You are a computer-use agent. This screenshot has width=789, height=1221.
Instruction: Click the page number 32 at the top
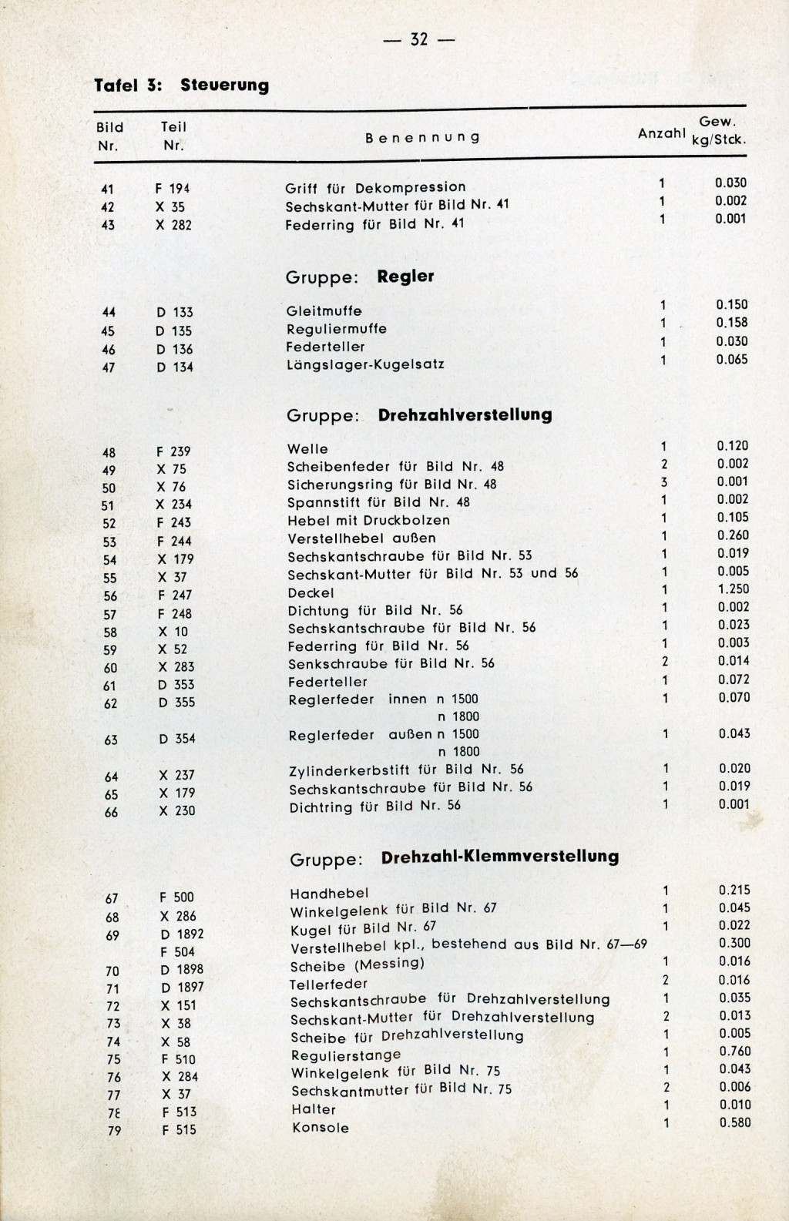pyautogui.click(x=419, y=39)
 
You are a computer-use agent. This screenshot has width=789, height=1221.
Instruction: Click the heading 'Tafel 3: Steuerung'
pyautogui.click(x=181, y=85)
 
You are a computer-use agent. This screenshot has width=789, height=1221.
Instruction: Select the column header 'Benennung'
pyautogui.click(x=422, y=138)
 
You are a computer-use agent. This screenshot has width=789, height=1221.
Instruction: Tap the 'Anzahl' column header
pyautogui.click(x=661, y=132)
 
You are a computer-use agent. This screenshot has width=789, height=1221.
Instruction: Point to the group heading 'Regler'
pyautogui.click(x=405, y=276)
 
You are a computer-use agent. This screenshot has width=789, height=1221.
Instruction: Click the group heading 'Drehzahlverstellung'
pyautogui.click(x=465, y=414)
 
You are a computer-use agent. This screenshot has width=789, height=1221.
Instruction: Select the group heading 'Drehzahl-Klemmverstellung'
pyautogui.click(x=500, y=857)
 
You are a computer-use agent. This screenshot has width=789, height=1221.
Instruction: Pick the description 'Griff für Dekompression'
pyautogui.click(x=375, y=187)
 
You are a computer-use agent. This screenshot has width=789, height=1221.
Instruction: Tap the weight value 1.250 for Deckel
pyautogui.click(x=733, y=589)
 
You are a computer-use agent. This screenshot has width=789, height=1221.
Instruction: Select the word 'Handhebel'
pyautogui.click(x=329, y=893)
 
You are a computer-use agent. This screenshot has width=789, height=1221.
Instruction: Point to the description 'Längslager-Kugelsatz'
pyautogui.click(x=365, y=364)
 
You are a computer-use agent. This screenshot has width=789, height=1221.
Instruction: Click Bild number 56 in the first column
pyautogui.click(x=109, y=595)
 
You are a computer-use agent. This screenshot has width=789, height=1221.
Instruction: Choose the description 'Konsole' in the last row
pyautogui.click(x=321, y=1128)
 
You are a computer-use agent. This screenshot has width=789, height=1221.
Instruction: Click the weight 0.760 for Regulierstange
pyautogui.click(x=734, y=1052)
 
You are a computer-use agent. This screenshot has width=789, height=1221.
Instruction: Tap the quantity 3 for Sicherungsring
pyautogui.click(x=663, y=482)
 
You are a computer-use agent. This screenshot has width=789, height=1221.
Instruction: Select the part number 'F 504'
pyautogui.click(x=177, y=952)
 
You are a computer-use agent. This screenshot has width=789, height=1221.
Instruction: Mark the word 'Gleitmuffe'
pyautogui.click(x=324, y=311)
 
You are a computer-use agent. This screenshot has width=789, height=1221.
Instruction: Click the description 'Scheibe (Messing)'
pyautogui.click(x=357, y=964)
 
